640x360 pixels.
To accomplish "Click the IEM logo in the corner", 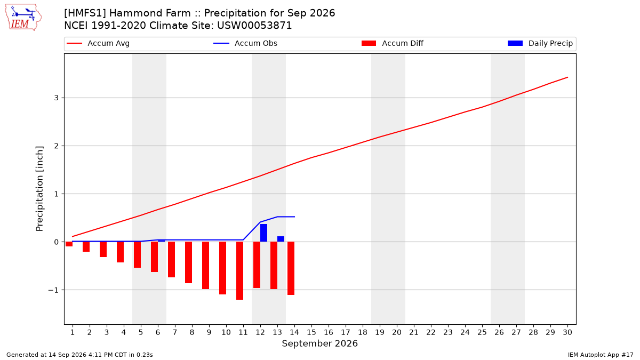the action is pos(23,18).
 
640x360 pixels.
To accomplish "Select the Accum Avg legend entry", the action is pos(98,43).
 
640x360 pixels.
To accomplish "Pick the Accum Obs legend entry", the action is pos(245,43).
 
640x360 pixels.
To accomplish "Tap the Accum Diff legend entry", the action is pos(393,43).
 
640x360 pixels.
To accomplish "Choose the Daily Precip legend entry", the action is pos(540,43).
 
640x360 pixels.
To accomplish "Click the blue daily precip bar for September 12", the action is pos(263,233).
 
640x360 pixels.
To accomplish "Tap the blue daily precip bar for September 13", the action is pos(281,239).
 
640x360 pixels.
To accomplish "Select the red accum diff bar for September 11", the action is pos(239,270).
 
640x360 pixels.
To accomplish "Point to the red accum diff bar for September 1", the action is pos(69,244).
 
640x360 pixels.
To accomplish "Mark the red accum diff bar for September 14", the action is pos(291,268).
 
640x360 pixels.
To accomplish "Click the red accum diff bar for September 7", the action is pos(171,259).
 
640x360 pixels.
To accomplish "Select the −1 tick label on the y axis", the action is pos(53,290).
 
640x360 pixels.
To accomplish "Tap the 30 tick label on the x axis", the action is pos(567,332).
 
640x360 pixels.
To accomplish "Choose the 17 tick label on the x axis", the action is pos(346,332).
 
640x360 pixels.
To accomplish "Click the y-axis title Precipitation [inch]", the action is pos(39,189).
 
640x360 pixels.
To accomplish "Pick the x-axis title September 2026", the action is pos(319,343).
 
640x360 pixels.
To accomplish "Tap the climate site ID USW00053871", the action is pos(254,26).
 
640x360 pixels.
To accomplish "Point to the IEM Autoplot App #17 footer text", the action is pos(601,355).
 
